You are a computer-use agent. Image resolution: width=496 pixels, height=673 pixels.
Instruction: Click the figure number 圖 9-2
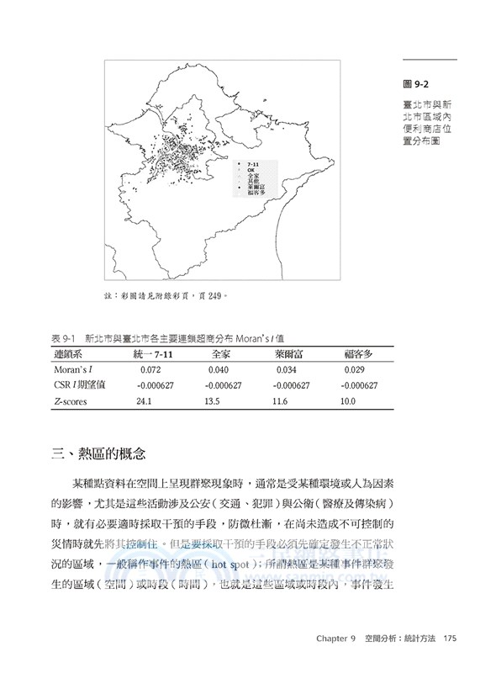coord(417,83)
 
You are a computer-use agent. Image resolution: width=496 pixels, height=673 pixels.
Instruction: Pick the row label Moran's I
coord(74,369)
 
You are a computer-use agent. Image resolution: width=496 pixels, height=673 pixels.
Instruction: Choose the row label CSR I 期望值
coord(77,385)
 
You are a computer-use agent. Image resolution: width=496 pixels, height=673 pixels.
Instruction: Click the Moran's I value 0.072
coord(150,369)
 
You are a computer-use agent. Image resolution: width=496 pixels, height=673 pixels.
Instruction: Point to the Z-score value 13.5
coord(211,402)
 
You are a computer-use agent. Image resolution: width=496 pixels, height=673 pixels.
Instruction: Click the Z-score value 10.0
coord(348,402)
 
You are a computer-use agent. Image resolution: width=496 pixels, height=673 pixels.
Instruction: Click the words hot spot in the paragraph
coord(228,564)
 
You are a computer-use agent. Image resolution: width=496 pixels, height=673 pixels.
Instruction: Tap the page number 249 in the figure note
coord(216,295)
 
